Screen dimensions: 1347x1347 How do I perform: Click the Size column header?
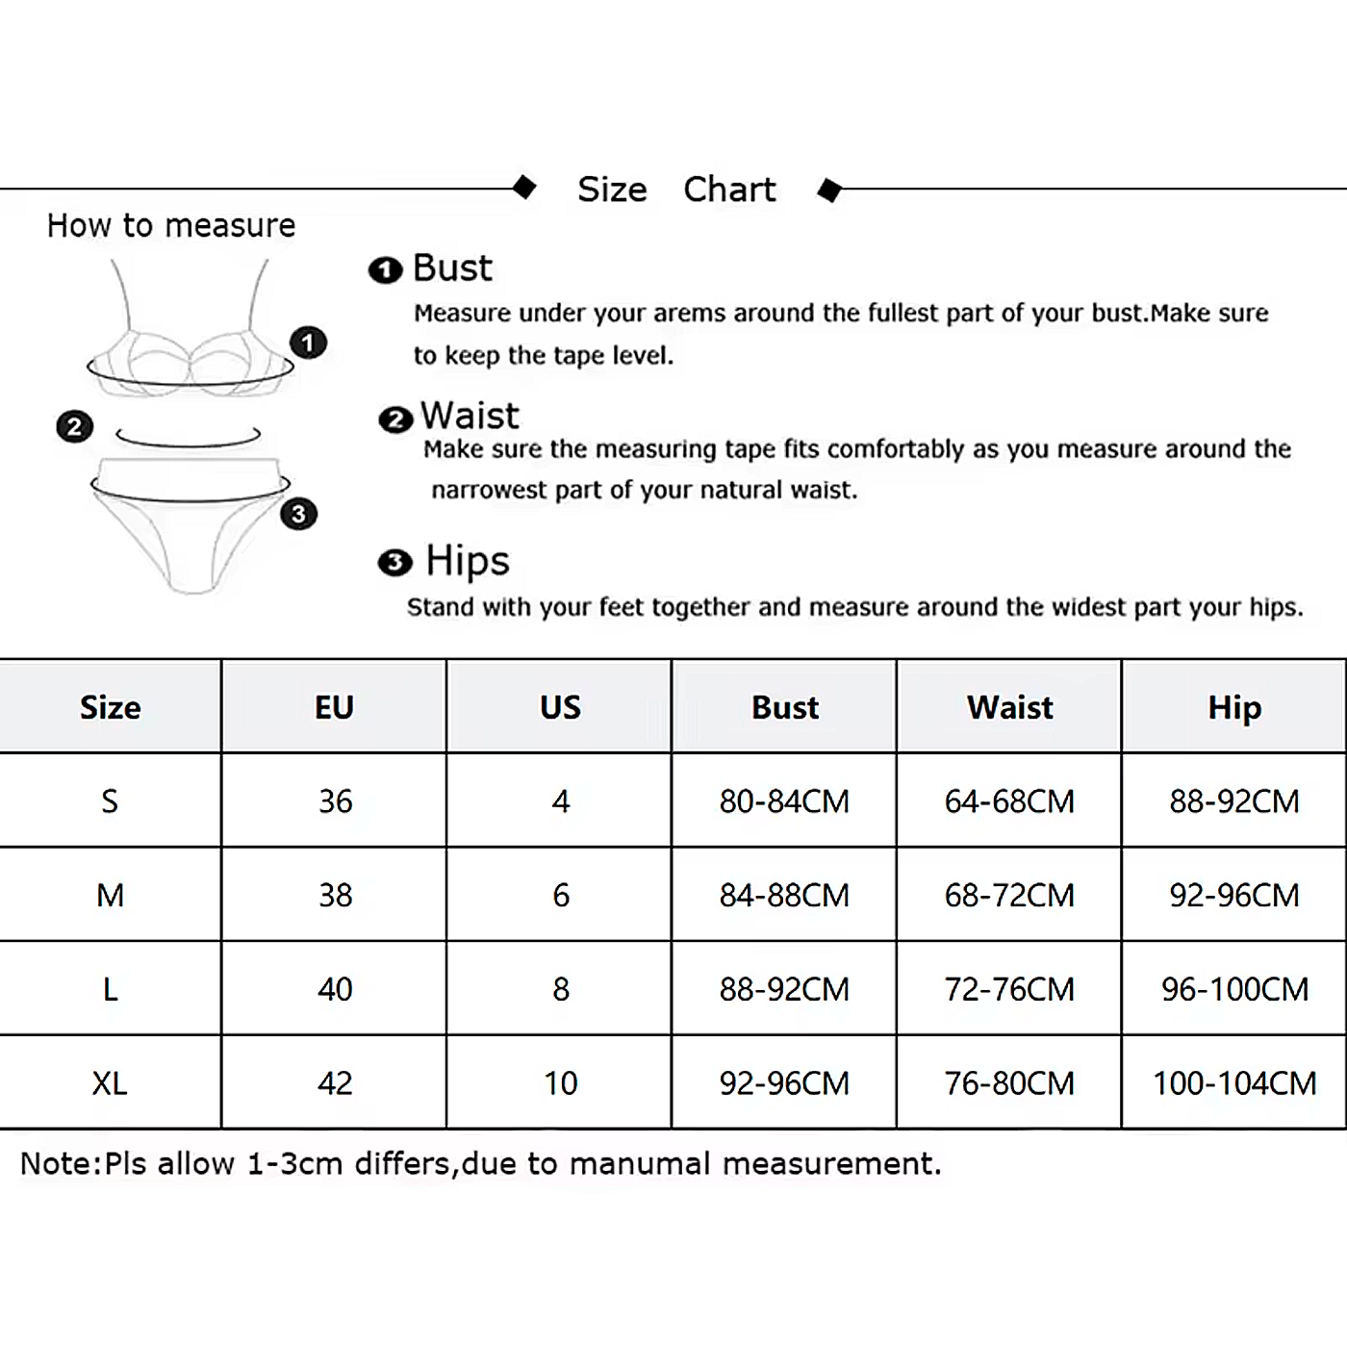111,708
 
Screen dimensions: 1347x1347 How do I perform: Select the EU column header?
335,708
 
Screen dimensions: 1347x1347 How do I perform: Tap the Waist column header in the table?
1009,708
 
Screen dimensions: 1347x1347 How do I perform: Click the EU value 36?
335,801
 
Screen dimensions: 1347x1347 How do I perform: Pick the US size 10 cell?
560,1083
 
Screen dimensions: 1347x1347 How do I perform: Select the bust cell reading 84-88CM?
784,896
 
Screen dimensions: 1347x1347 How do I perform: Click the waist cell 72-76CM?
1009,989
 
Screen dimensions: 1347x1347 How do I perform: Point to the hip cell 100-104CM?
1234,1083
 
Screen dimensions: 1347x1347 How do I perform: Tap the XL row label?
110,1083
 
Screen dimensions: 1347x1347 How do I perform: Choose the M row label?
110,896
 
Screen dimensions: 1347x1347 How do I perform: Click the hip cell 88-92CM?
1234,801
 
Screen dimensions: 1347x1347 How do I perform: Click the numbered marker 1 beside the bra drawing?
308,343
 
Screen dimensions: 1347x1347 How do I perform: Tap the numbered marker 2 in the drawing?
75,426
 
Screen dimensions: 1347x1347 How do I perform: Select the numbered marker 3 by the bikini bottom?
298,514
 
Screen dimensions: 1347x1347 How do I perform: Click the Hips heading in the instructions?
467,561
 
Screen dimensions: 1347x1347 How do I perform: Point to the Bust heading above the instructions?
451,268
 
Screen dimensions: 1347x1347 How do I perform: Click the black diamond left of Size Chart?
524,187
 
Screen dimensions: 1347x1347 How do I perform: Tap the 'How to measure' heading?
171,226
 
